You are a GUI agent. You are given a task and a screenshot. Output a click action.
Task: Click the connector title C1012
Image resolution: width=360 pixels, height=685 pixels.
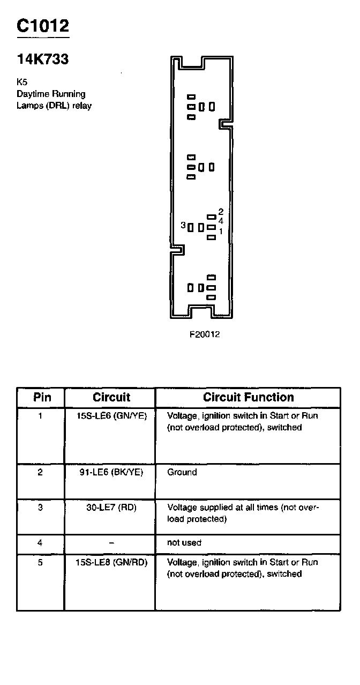(x=43, y=25)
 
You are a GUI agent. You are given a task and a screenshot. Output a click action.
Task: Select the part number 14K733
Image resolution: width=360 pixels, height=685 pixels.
(x=43, y=59)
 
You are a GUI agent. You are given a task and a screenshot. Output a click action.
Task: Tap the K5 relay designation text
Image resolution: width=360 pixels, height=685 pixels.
(x=21, y=83)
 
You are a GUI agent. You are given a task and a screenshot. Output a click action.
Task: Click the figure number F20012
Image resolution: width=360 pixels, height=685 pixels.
(x=205, y=334)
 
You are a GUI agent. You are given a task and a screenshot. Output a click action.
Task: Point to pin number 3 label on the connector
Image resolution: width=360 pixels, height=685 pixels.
(x=183, y=226)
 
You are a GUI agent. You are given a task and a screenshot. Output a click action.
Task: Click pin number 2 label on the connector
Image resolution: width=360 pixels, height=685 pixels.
(x=221, y=212)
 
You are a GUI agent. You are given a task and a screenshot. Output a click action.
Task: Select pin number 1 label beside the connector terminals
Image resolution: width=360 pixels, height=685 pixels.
(x=221, y=232)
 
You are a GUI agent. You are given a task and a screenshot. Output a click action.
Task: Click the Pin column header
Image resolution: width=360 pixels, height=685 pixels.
(x=42, y=398)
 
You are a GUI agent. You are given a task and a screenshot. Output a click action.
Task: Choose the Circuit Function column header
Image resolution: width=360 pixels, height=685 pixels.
(x=248, y=398)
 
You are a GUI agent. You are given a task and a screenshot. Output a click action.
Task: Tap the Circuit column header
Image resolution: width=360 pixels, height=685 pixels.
(x=111, y=398)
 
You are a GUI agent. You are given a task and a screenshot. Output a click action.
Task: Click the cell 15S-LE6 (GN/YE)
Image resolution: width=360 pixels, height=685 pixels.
(x=111, y=415)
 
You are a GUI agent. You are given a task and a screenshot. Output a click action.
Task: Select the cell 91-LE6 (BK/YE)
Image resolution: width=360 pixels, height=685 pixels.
(x=111, y=472)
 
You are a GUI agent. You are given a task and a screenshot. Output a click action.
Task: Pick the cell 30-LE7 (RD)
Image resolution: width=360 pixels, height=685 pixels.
(x=111, y=507)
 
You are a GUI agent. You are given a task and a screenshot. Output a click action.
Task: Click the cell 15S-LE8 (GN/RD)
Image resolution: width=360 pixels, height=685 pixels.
(x=111, y=562)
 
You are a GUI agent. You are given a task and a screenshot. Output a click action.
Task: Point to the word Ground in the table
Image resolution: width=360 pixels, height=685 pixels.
(x=182, y=472)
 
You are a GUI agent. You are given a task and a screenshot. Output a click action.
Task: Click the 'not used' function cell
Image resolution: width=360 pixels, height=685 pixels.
(x=184, y=542)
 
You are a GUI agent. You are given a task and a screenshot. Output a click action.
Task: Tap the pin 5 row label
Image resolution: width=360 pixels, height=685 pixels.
(x=40, y=562)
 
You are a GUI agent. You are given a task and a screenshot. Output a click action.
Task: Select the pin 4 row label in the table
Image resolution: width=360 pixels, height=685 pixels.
(x=40, y=542)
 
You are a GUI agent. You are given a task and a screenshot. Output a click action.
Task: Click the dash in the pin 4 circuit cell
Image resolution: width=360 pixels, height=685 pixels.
(x=111, y=542)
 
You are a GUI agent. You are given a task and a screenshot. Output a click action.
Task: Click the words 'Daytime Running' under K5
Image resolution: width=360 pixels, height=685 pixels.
(x=51, y=94)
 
